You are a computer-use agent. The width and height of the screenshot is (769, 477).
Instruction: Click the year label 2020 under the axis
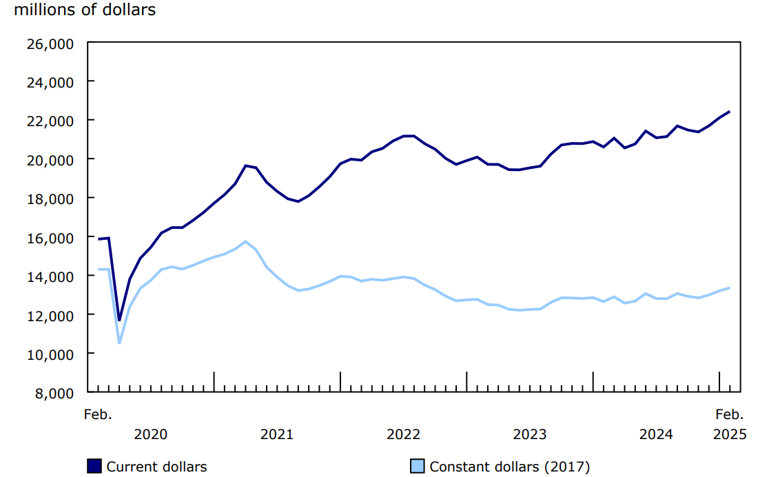pyautogui.click(x=150, y=434)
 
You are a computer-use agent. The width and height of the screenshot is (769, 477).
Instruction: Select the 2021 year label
pyautogui.click(x=276, y=434)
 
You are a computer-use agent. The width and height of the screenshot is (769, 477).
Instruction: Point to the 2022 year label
pyautogui.click(x=403, y=434)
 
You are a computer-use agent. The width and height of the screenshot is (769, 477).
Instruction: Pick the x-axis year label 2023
pyautogui.click(x=529, y=434)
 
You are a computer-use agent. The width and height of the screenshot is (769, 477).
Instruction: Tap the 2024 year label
pyautogui.click(x=656, y=434)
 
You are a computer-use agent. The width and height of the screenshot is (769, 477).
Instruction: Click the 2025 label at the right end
pyautogui.click(x=729, y=434)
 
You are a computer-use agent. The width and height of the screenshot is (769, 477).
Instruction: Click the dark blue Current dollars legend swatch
pyautogui.click(x=94, y=467)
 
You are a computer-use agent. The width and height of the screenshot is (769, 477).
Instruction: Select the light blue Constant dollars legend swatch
pyautogui.click(x=418, y=467)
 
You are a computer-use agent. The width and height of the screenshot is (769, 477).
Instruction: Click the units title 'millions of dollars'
pyautogui.click(x=84, y=10)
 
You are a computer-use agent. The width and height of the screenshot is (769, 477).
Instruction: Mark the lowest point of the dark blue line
pyautogui.click(x=119, y=321)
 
